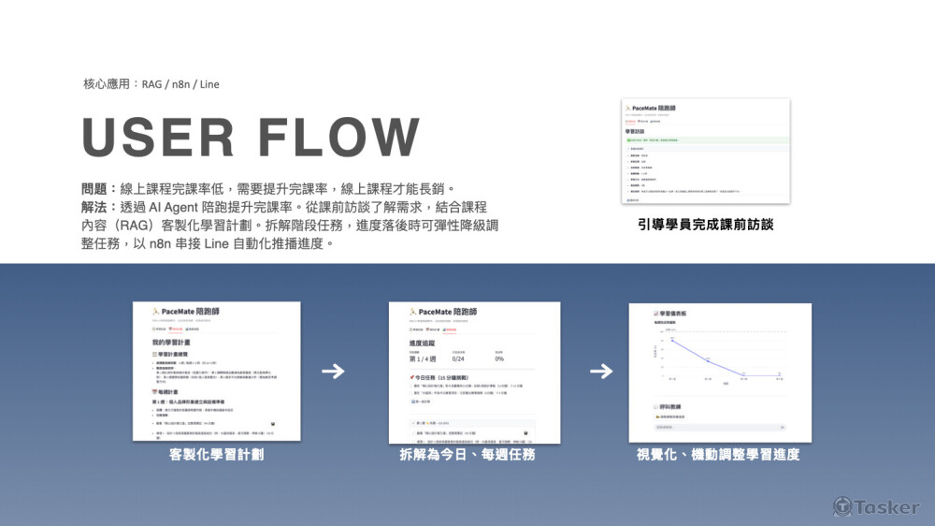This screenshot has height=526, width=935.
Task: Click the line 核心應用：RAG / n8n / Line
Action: coord(151,84)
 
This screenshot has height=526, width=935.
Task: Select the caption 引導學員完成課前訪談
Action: coord(706,225)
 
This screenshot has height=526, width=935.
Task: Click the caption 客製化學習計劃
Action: coord(216,455)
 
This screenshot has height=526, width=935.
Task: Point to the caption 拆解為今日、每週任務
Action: coord(474,455)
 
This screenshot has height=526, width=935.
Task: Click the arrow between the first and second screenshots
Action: coord(333,372)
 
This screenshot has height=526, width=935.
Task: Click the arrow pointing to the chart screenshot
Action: coord(601,372)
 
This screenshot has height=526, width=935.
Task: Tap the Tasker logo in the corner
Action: coord(876,506)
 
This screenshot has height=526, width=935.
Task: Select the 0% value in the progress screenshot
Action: coord(499,359)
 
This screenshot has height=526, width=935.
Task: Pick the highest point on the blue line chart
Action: coord(671,341)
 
